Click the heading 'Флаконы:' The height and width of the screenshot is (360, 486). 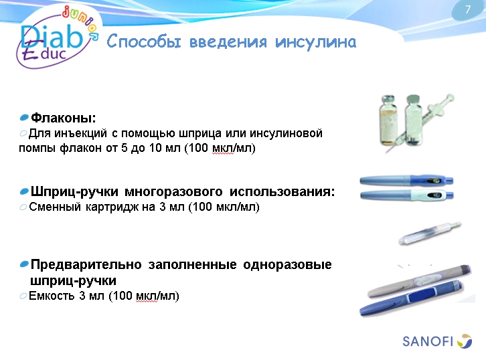tap(64, 118)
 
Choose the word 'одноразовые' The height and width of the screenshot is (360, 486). tap(291, 264)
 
